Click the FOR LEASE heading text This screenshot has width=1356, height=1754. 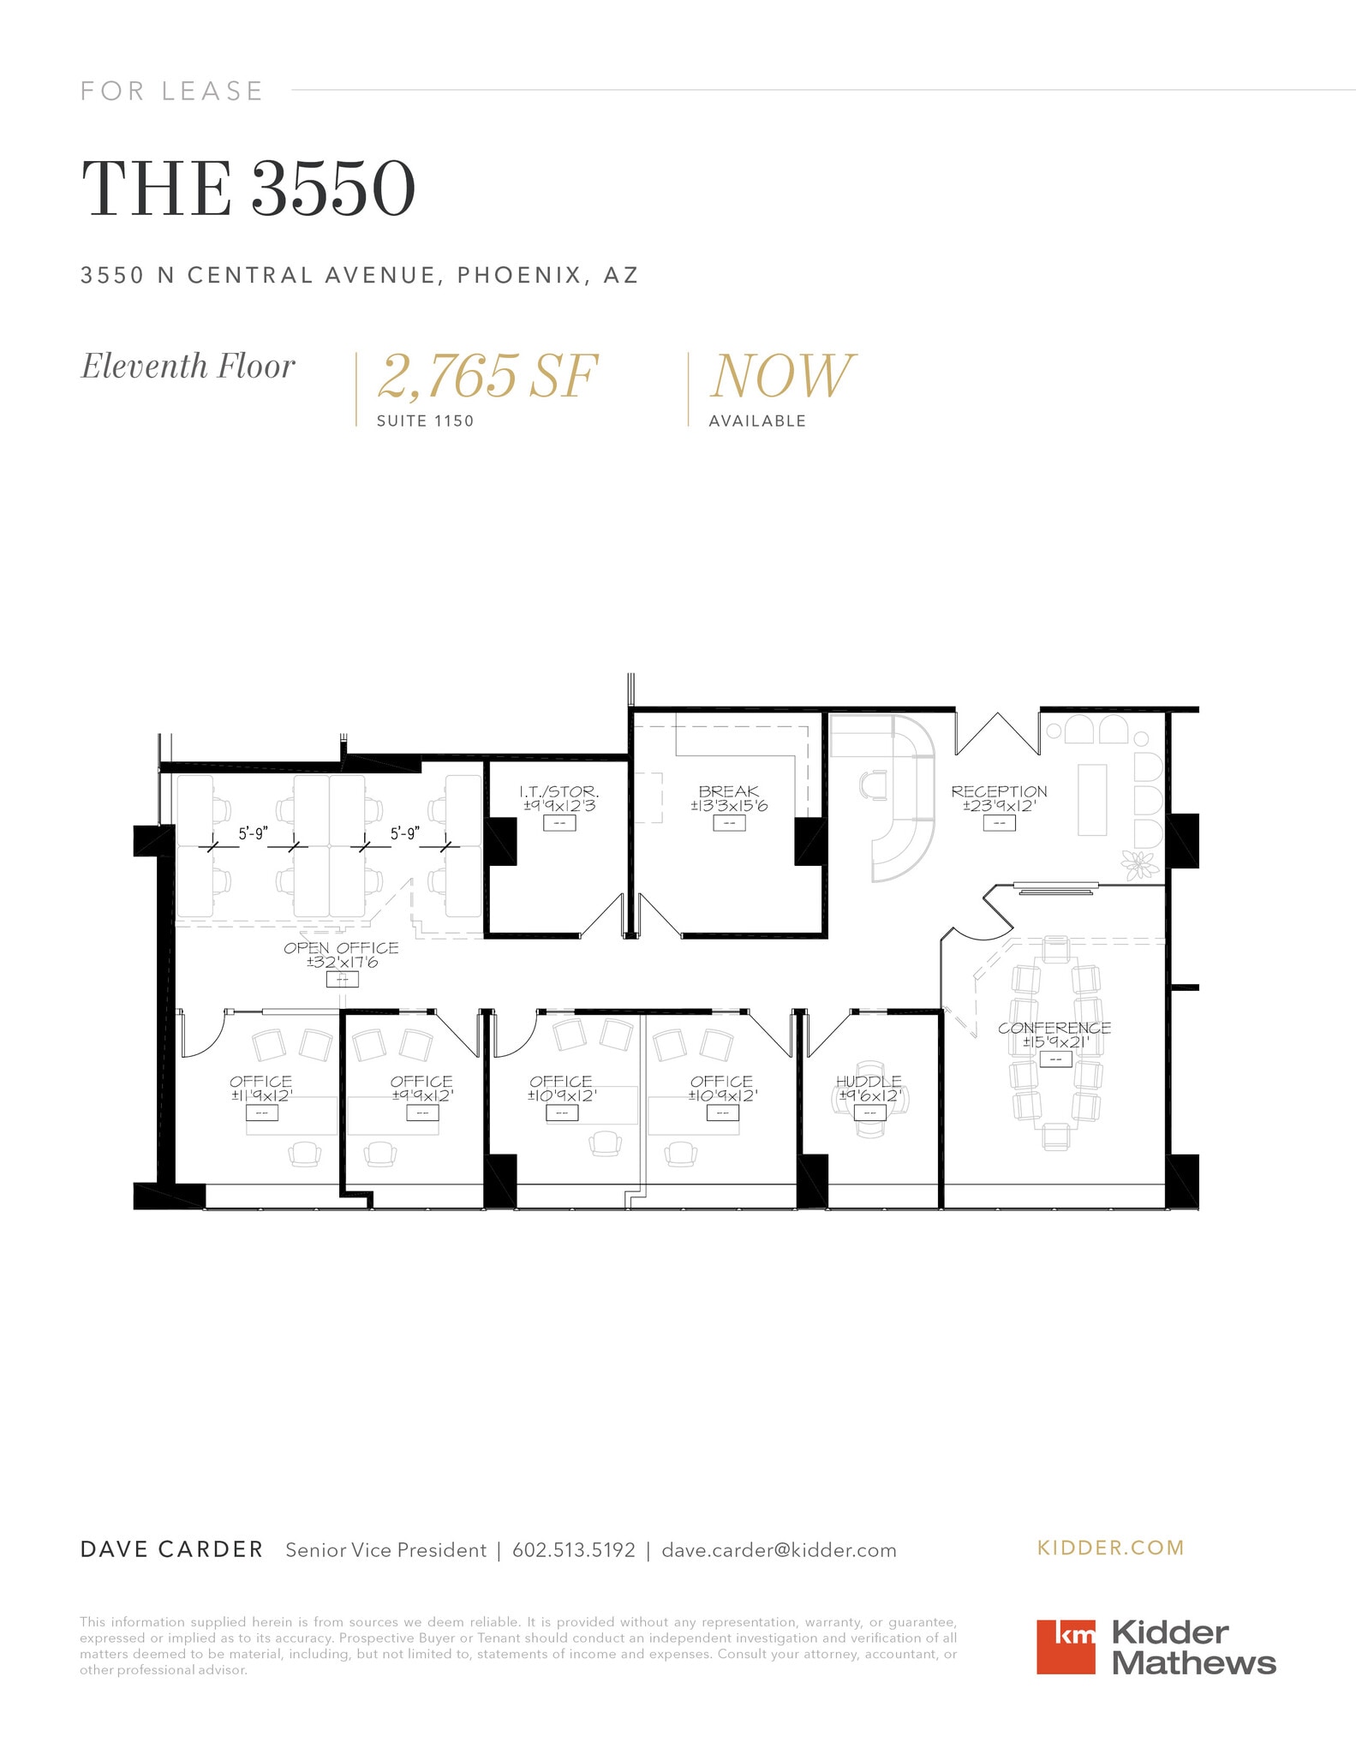171,91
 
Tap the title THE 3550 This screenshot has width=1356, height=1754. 248,188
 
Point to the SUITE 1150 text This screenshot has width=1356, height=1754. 425,421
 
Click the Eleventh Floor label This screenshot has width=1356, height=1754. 188,367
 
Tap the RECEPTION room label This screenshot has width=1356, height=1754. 999,792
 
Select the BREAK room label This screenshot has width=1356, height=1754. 728,792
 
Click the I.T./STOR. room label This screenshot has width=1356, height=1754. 559,792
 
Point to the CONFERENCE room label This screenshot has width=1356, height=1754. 1054,1028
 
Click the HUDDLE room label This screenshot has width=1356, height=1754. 869,1082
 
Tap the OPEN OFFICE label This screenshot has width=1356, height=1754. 341,948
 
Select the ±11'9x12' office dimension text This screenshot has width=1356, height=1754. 261,1095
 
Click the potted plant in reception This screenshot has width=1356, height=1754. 1139,864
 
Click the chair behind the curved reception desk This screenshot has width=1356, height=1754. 875,785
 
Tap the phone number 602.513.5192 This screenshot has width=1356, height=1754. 574,1550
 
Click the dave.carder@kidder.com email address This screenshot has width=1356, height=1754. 779,1550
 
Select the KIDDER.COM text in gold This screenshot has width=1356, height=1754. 1110,1548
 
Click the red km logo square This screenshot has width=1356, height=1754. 1066,1646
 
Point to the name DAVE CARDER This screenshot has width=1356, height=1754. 171,1549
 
